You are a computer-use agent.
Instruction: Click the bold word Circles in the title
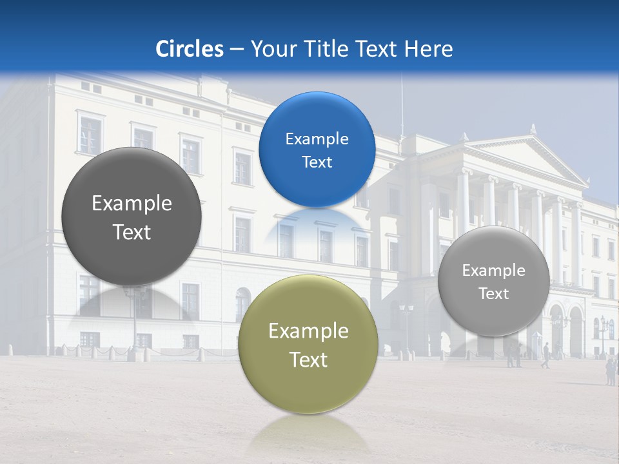tap(190, 49)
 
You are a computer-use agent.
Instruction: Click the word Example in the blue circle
tap(317, 139)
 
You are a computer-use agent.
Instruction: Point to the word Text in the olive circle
tap(308, 360)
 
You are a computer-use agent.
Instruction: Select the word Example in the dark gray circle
tap(132, 204)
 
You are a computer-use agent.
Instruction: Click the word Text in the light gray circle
tap(494, 294)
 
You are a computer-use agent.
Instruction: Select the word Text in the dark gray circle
tap(132, 232)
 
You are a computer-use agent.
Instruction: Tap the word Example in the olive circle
tap(308, 331)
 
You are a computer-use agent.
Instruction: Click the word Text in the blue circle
tap(317, 162)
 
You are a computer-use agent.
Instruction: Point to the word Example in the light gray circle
tap(494, 271)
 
